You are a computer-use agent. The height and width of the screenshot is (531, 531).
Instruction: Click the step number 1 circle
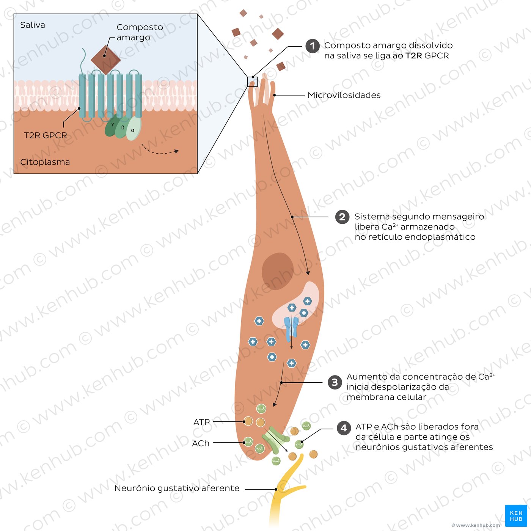click(x=313, y=46)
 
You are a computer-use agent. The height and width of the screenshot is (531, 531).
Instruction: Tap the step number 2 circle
click(x=342, y=217)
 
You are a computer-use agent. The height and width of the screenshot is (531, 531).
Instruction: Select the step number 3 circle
click(x=335, y=382)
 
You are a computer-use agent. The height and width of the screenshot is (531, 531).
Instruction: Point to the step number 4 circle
click(x=344, y=428)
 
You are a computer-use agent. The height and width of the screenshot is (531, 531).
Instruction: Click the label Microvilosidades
click(x=344, y=95)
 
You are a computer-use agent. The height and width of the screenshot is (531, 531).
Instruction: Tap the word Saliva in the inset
click(x=33, y=25)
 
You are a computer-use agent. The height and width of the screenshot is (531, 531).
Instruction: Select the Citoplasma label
click(x=45, y=162)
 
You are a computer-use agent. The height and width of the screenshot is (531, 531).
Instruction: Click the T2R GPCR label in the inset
click(x=45, y=135)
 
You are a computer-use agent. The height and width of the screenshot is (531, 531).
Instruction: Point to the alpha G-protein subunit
click(x=134, y=129)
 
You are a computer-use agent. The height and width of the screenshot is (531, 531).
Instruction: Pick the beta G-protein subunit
click(x=123, y=127)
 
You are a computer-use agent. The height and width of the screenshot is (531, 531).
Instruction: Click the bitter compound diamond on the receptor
click(x=105, y=60)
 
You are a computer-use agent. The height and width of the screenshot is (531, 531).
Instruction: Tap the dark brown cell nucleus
click(x=278, y=271)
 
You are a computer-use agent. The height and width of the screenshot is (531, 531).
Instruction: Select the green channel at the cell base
click(x=275, y=440)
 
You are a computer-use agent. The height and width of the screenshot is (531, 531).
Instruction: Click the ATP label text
click(x=201, y=422)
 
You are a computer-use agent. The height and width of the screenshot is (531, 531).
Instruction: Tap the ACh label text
click(x=201, y=443)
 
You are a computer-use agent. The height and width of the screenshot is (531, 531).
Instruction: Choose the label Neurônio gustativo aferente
click(x=177, y=488)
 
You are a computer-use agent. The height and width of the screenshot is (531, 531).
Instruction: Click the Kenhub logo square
click(x=516, y=516)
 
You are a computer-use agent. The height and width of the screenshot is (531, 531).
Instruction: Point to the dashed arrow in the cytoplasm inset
click(x=160, y=152)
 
